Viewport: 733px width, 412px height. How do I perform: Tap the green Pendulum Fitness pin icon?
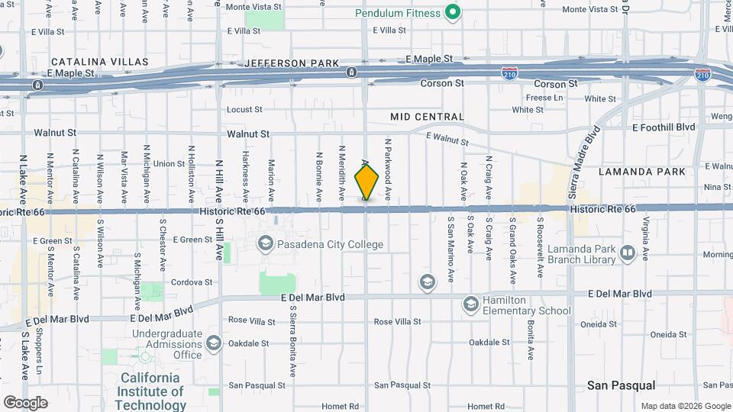pyautogui.click(x=453, y=12)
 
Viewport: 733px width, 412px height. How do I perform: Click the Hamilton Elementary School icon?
pyautogui.click(x=471, y=305)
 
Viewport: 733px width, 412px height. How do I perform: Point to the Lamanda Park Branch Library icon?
pyautogui.click(x=628, y=253)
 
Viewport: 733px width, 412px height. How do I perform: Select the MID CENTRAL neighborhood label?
pyautogui.click(x=427, y=117)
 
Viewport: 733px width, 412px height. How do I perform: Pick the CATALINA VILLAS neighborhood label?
pyautogui.click(x=92, y=61)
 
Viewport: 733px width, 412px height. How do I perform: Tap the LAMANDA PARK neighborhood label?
pyautogui.click(x=642, y=172)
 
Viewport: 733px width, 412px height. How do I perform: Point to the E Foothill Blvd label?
pyautogui.click(x=664, y=127)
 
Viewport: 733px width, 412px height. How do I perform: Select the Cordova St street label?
pyautogui.click(x=191, y=282)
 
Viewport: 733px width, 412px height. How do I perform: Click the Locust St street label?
pyautogui.click(x=244, y=110)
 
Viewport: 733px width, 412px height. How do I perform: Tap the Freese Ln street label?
pyautogui.click(x=544, y=98)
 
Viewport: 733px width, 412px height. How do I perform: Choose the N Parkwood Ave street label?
pyautogui.click(x=388, y=169)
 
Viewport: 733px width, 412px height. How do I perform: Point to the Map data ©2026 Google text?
pyautogui.click(x=685, y=406)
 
